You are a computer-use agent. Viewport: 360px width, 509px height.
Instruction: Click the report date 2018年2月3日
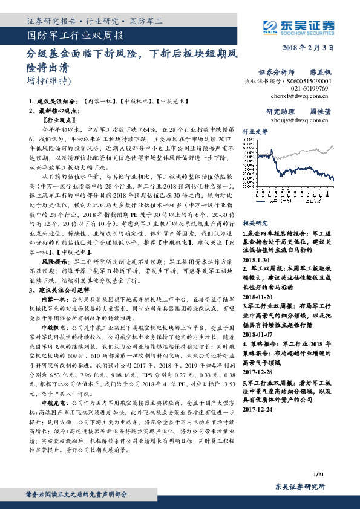[309, 48]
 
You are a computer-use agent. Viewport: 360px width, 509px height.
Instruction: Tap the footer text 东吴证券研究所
[300, 487]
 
